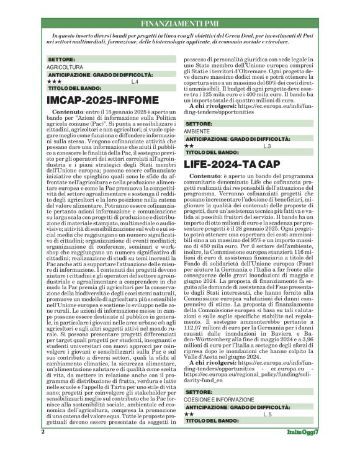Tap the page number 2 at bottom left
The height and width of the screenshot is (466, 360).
pyautogui.click(x=43, y=449)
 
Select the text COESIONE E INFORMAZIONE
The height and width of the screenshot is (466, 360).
pyautogui.click(x=217, y=416)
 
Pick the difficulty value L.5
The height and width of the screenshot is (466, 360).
pyautogui.click(x=268, y=430)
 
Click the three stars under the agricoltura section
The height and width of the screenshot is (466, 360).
pyautogui.click(x=54, y=81)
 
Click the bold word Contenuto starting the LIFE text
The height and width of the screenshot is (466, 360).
pyautogui.click(x=204, y=177)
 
